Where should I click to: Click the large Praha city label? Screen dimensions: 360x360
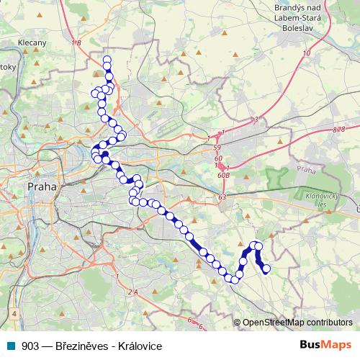click(x=41, y=186)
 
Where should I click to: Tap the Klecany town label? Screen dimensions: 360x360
click(x=32, y=42)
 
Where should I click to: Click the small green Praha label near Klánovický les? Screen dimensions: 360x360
click(x=305, y=170)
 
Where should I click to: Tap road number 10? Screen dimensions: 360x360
click(x=307, y=53)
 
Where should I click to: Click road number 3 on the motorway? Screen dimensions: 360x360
click(x=256, y=119)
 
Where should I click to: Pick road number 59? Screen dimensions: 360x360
click(x=217, y=148)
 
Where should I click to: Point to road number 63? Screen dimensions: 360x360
click(x=222, y=197)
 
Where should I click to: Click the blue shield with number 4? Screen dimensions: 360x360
click(x=14, y=315)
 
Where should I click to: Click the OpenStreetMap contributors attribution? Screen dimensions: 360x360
click(x=297, y=323)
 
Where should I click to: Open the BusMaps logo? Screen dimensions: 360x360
click(x=327, y=345)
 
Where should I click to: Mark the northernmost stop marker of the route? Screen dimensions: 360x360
click(x=107, y=60)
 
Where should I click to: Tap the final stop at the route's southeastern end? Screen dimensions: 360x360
click(x=266, y=269)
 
